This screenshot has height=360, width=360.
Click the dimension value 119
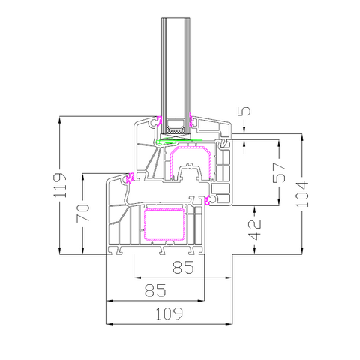click(60, 185)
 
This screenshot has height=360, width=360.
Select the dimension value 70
click(83, 213)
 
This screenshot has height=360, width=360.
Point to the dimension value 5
click(246, 111)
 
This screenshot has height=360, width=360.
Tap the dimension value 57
click(279, 172)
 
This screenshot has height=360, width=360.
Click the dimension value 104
click(302, 194)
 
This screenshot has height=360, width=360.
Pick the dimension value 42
click(255, 229)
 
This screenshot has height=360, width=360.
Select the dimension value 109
click(169, 314)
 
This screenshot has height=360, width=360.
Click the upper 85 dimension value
click(183, 267)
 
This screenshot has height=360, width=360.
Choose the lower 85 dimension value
click(155, 290)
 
